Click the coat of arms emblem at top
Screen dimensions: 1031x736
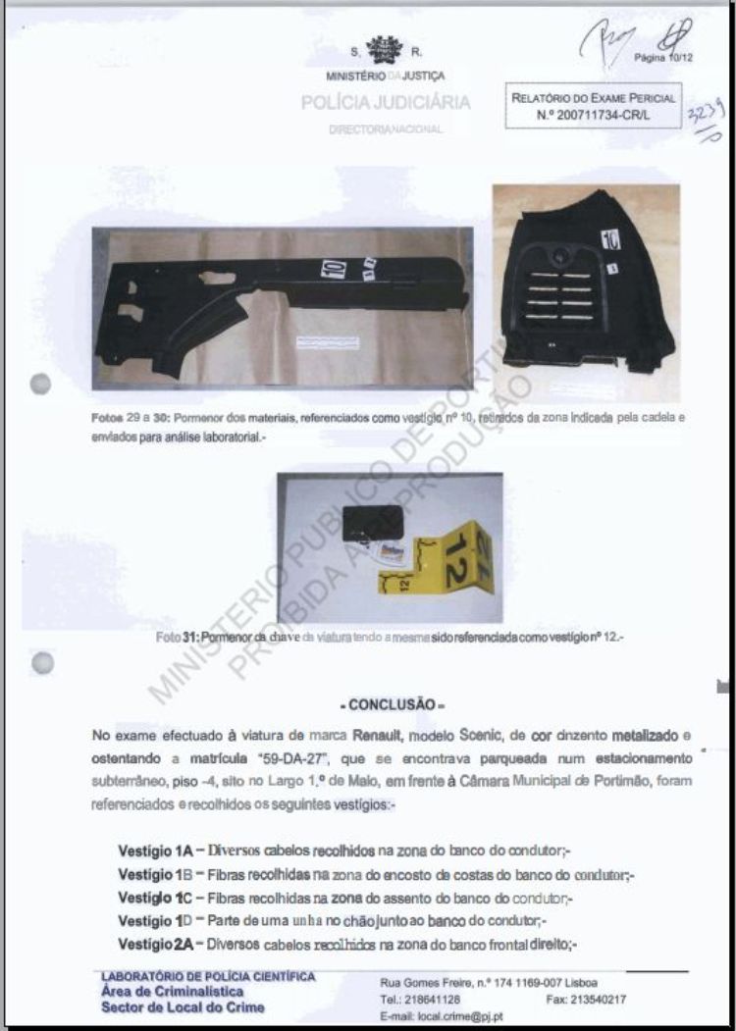[384, 50]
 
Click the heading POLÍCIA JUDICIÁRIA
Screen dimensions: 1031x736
[386, 102]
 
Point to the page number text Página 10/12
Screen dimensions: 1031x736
[663, 58]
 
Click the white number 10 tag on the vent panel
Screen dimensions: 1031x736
[609, 240]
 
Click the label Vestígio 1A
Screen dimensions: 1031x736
[154, 850]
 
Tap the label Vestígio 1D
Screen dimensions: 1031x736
[154, 921]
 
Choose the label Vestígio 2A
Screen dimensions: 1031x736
[155, 944]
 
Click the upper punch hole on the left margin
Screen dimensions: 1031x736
[40, 384]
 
